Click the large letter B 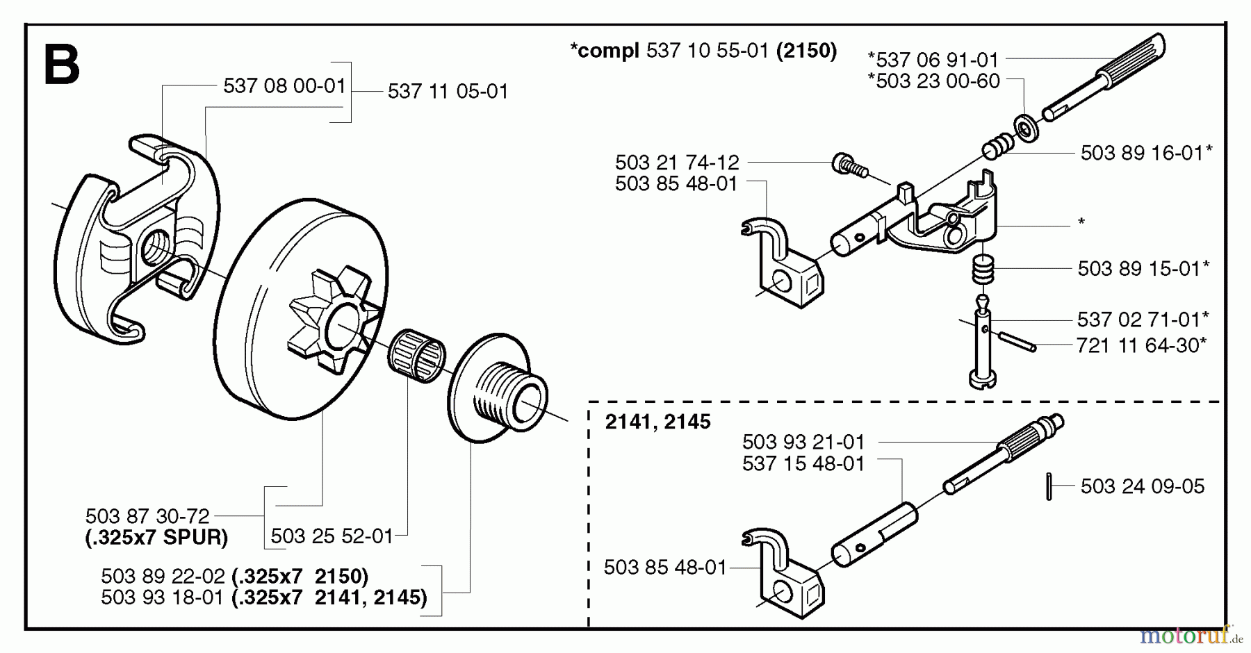[x=61, y=66]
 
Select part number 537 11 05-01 [x=448, y=91]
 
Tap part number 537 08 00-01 [x=284, y=86]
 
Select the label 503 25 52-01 [x=332, y=536]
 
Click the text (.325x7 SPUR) [x=156, y=538]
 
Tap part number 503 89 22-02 [x=163, y=576]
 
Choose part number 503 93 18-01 [x=163, y=597]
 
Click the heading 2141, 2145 [x=657, y=422]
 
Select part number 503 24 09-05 [x=1143, y=486]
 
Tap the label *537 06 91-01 [x=933, y=60]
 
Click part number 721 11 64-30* [x=1141, y=345]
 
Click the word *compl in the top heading [x=604, y=51]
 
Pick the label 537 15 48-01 [x=803, y=463]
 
